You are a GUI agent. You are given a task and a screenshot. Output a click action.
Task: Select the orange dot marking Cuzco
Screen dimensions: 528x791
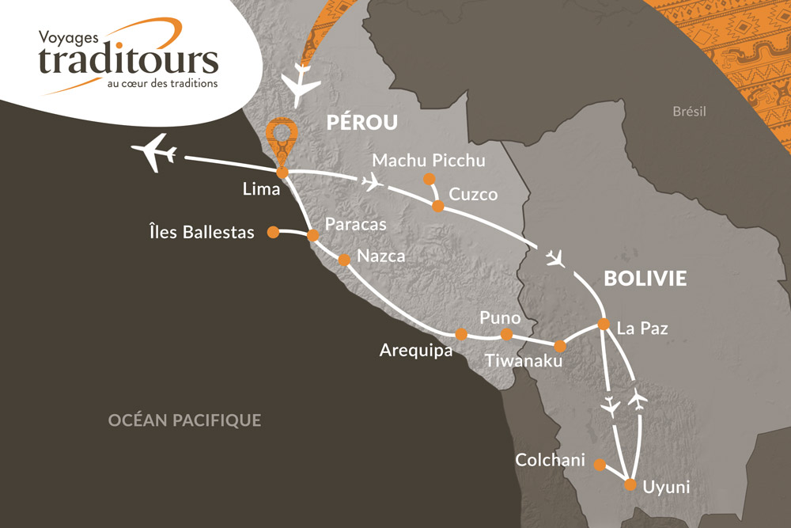pyautogui.click(x=437, y=206)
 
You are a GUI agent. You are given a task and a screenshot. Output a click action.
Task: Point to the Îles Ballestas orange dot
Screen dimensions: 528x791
pyautogui.click(x=272, y=232)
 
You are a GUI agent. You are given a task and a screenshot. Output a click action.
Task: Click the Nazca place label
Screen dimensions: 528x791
pyautogui.click(x=382, y=256)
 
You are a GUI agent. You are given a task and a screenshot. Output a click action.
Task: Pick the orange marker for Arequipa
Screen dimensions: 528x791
pyautogui.click(x=461, y=334)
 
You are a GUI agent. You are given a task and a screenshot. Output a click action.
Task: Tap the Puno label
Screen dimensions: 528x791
pyautogui.click(x=500, y=317)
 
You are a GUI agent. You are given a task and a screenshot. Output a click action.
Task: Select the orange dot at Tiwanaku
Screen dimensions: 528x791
pyautogui.click(x=560, y=346)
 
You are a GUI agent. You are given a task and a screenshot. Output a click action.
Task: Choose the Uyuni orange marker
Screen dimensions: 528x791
pyautogui.click(x=630, y=484)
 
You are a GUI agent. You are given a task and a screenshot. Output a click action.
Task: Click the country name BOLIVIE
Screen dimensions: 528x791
pyautogui.click(x=644, y=279)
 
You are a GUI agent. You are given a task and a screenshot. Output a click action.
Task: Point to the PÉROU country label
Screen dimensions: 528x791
pyautogui.click(x=361, y=123)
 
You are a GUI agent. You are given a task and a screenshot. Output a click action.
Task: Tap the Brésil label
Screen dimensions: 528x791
pyautogui.click(x=688, y=112)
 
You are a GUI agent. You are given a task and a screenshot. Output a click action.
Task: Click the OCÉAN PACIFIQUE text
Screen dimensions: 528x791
pyautogui.click(x=184, y=420)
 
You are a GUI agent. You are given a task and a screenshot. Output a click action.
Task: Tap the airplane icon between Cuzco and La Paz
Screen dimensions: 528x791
pyautogui.click(x=557, y=259)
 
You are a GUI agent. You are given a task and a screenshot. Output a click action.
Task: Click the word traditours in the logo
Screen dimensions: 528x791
pyautogui.click(x=128, y=60)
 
